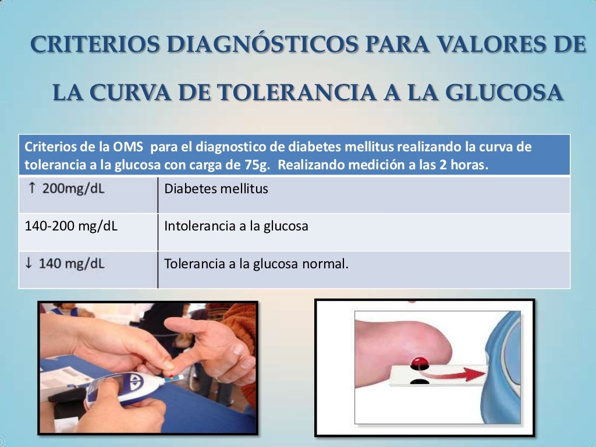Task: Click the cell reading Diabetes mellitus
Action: pyautogui.click(x=216, y=189)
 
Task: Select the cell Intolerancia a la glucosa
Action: pyautogui.click(x=236, y=226)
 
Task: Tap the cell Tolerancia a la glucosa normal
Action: pyautogui.click(x=256, y=264)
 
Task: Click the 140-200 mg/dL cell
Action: pyautogui.click(x=71, y=226)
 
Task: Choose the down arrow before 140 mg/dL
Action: pyautogui.click(x=29, y=264)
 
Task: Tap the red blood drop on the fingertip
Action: pyautogui.click(x=418, y=362)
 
